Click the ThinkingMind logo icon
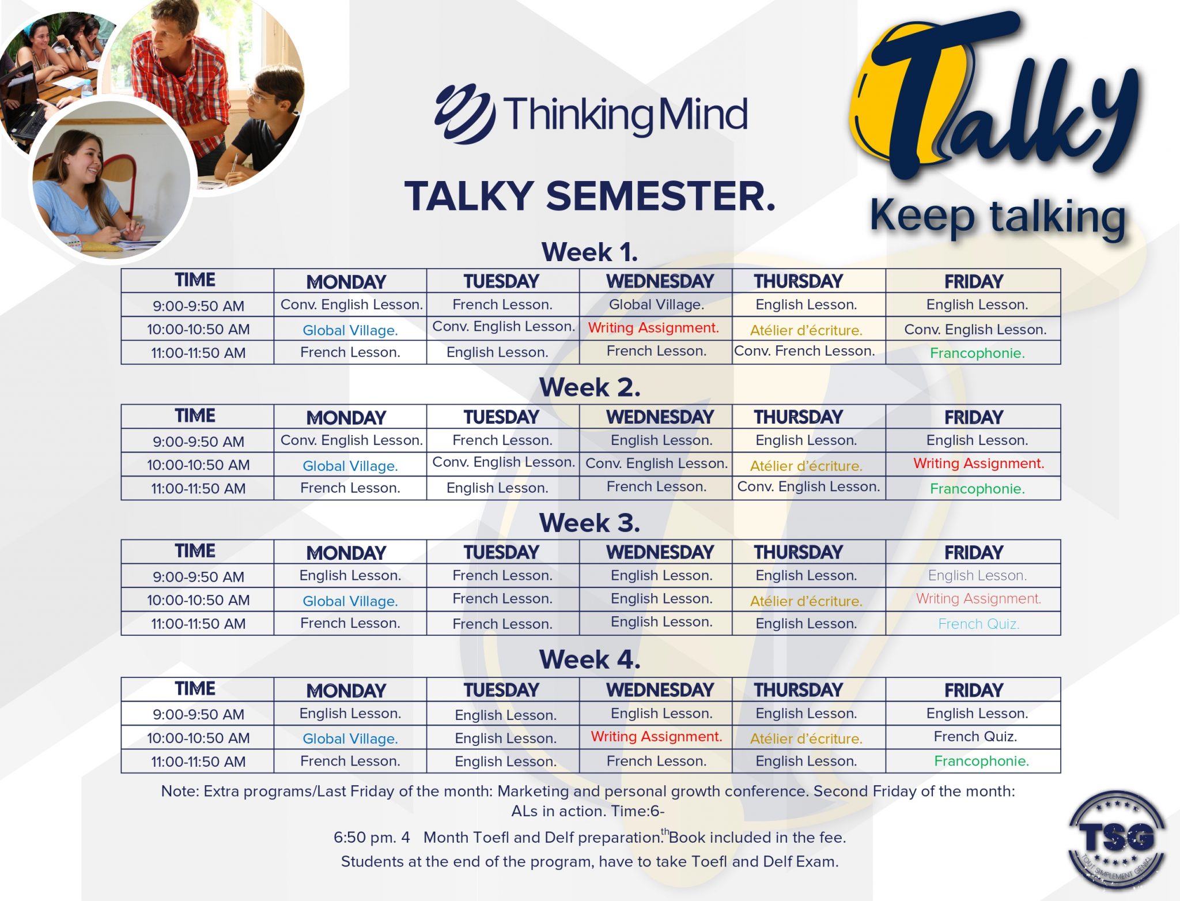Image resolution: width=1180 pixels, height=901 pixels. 464,114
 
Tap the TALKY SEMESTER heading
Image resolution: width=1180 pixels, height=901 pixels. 590,197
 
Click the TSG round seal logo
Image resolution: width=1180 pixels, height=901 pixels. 1117,839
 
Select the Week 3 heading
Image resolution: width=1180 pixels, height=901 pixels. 589,523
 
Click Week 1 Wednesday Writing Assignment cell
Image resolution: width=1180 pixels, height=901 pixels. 653,328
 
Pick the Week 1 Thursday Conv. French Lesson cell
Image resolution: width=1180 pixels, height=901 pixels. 804,351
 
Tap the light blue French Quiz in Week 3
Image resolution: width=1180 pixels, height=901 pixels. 978,624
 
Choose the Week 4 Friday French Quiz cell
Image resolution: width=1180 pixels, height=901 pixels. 975,737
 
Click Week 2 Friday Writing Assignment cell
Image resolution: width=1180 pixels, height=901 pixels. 978,463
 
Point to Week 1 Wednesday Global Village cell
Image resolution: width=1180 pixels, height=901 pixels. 656,304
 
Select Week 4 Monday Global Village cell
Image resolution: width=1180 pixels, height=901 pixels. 350,738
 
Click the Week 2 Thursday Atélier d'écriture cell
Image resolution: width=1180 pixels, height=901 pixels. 805,466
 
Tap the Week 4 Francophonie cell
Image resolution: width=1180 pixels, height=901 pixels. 981,761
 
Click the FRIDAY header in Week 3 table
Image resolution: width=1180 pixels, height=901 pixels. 973,552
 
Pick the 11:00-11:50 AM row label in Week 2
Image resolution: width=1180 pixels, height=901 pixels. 198,489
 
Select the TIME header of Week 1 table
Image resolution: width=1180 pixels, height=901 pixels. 195,280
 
